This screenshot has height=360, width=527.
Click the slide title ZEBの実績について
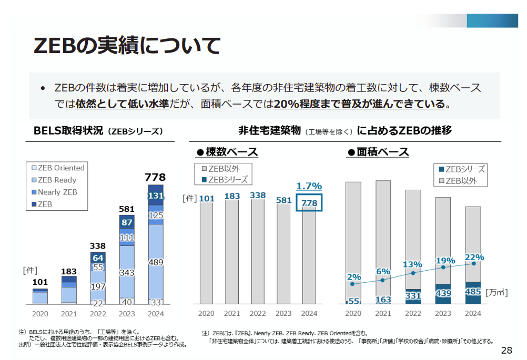point(126,46)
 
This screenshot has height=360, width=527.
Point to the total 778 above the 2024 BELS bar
point(155,177)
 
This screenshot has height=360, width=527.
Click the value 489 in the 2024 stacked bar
point(156,262)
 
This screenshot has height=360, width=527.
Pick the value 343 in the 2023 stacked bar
point(127,273)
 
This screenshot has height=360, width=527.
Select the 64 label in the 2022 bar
point(98,258)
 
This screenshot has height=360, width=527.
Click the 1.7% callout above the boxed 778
point(309,186)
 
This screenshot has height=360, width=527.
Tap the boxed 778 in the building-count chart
point(309,203)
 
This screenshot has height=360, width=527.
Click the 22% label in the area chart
point(474,257)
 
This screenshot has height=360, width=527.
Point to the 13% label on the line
point(413,264)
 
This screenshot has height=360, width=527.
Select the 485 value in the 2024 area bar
point(473,291)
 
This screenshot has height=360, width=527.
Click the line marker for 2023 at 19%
point(443,267)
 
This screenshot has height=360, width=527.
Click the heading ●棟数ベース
point(227,152)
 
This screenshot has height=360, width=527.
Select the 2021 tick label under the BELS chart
point(69,314)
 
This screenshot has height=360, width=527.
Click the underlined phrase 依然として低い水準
point(121,104)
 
